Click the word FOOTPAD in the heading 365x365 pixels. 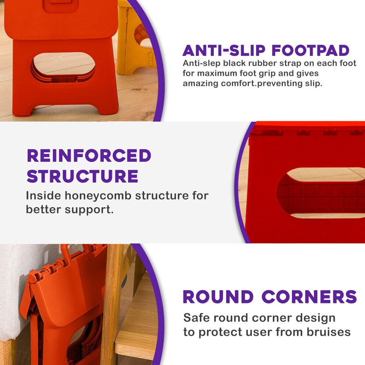point(310,50)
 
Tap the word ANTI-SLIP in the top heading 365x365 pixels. point(224,50)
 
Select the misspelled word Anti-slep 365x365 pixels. point(201,63)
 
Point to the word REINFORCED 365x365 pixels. point(89,156)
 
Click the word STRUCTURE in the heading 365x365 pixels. point(83,176)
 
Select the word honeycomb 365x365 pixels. point(98,195)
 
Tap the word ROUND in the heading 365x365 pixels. point(218,297)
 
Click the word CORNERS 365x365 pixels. point(309,297)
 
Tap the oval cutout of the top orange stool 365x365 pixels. point(63,67)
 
